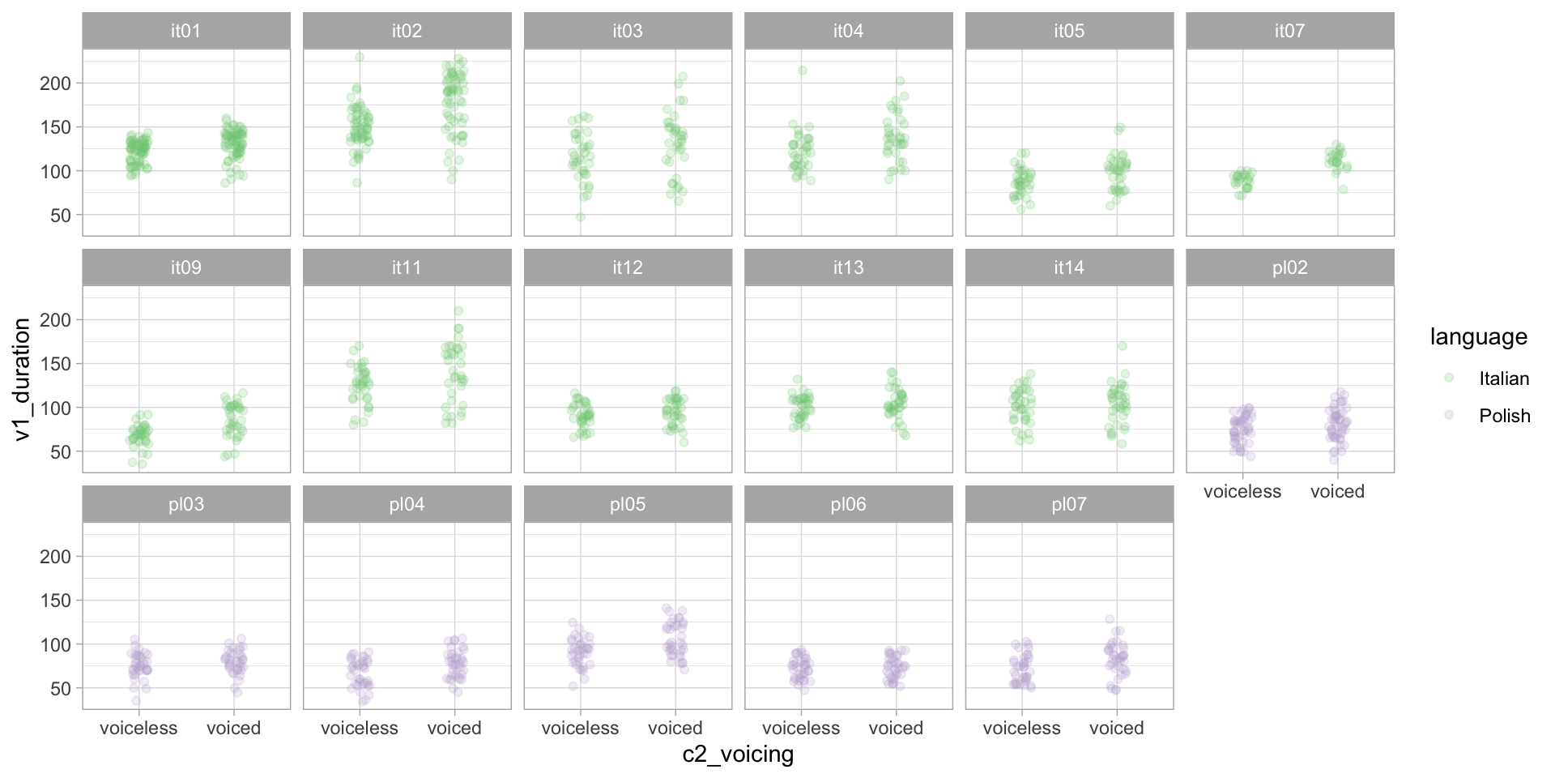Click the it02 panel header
click(x=407, y=32)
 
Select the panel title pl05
click(x=628, y=505)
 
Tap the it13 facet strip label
click(x=848, y=268)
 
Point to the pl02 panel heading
click(x=1289, y=268)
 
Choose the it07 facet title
click(x=1289, y=32)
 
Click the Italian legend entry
click(x=1503, y=378)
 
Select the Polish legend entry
click(x=1504, y=416)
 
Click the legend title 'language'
click(x=1478, y=336)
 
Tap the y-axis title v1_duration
click(x=22, y=379)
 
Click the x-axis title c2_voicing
click(x=738, y=754)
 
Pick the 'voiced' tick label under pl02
click(x=1337, y=491)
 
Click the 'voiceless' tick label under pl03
click(x=138, y=728)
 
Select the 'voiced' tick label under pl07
click(x=1116, y=728)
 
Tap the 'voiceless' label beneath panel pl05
click(x=580, y=728)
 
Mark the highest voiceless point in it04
click(x=803, y=71)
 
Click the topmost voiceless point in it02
click(x=360, y=58)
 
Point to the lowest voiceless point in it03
click(x=581, y=216)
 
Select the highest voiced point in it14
click(x=1123, y=346)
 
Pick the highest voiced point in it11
click(x=458, y=311)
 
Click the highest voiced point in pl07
click(x=1110, y=619)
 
